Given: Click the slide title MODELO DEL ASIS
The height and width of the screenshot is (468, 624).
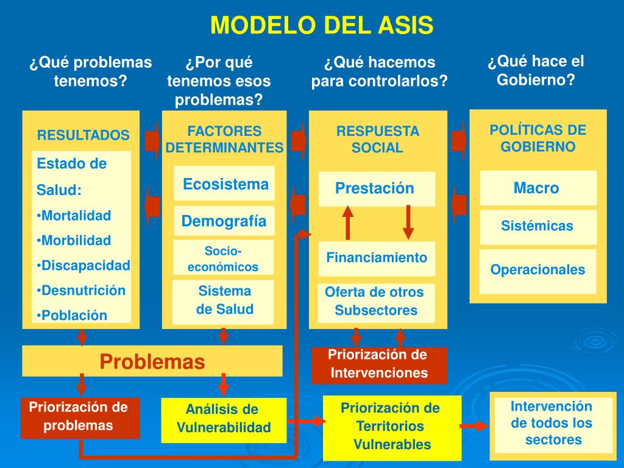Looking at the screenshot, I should click(322, 26).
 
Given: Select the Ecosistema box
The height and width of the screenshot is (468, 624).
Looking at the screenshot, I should click(224, 184).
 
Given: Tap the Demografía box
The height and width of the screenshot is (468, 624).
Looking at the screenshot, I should click(224, 221).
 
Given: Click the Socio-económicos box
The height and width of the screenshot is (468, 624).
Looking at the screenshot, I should click(223, 258).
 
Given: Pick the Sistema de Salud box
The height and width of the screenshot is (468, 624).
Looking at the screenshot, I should click(224, 300).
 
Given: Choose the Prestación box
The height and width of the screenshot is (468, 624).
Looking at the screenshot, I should click(376, 189).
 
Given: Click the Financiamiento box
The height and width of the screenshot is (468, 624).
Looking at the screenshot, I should click(377, 258).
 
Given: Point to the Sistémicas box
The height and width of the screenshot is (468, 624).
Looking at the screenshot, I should click(537, 227).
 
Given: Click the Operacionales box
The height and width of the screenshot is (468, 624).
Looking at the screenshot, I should click(537, 270).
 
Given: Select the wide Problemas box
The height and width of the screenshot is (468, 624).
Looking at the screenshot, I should click(152, 361).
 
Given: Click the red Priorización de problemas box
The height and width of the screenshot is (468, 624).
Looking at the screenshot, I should click(80, 417).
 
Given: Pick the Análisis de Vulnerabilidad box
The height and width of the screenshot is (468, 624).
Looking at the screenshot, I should click(223, 419).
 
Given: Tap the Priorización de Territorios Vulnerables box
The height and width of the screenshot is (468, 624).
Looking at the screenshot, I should click(390, 427).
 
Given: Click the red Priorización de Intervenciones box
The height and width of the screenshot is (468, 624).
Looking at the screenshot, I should click(379, 364).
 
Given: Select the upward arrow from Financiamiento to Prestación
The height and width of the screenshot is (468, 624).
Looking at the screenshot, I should click(348, 222).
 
